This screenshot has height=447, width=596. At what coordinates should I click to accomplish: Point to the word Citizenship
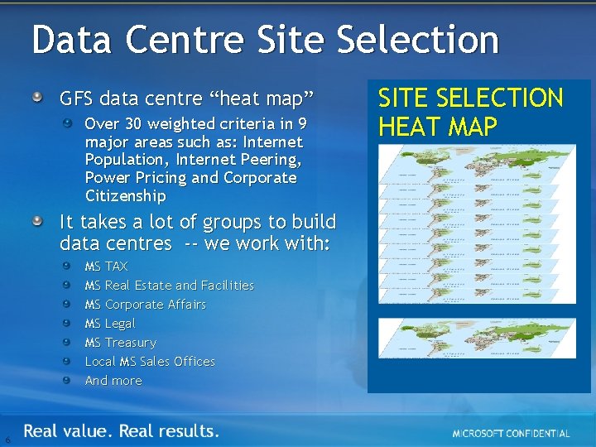pyautogui.click(x=125, y=196)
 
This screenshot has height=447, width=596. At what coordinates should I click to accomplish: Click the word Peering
pyautogui.click(x=269, y=159)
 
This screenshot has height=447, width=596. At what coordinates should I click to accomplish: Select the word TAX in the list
pyautogui.click(x=117, y=267)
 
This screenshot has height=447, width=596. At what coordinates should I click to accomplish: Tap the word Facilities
pyautogui.click(x=228, y=286)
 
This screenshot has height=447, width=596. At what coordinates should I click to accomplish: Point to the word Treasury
pyautogui.click(x=131, y=343)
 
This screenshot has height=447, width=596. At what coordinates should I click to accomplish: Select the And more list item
pyautogui.click(x=113, y=381)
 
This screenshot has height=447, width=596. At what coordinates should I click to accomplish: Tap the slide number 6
pyautogui.click(x=7, y=439)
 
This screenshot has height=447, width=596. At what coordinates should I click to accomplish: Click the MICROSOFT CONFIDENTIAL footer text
pyautogui.click(x=511, y=434)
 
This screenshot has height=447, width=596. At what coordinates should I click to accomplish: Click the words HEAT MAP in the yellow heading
pyautogui.click(x=437, y=127)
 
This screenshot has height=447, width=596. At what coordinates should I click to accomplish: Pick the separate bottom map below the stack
pyautogui.click(x=478, y=339)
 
